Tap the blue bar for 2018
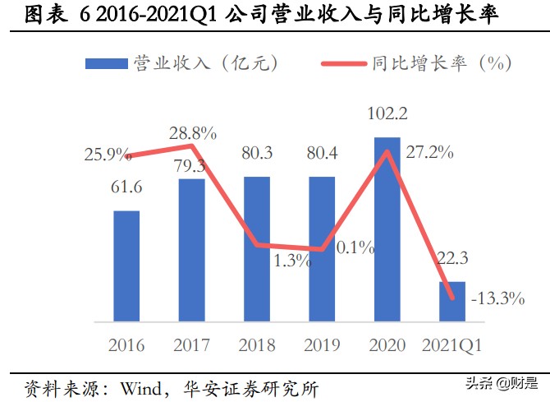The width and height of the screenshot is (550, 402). click(x=256, y=248)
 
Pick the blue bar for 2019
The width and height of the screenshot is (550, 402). click(x=322, y=248)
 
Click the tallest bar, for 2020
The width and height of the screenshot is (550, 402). click(x=387, y=229)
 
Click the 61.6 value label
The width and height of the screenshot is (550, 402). click(x=126, y=189)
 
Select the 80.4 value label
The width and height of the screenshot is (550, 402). click(x=322, y=154)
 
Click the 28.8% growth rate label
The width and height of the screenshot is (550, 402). click(x=193, y=132)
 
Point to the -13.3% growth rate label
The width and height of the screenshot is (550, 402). click(x=497, y=298)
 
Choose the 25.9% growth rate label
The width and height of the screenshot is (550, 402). click(x=108, y=153)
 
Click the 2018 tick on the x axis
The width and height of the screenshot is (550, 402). click(x=256, y=344)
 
